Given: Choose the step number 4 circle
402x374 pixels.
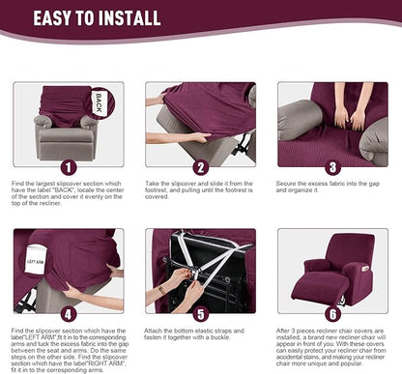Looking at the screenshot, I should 67,312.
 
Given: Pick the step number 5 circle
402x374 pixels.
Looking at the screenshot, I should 200,312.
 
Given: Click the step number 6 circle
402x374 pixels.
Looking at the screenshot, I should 332,312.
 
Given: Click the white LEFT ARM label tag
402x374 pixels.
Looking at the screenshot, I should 35,261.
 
